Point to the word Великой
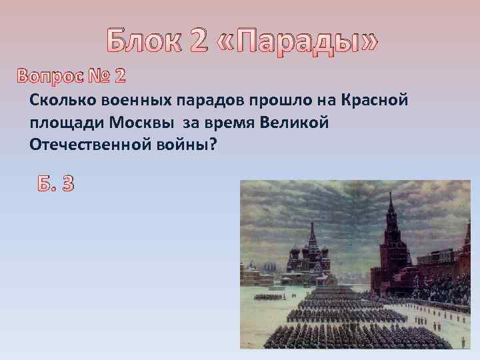pos(297,123)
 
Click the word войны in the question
pos(183,145)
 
